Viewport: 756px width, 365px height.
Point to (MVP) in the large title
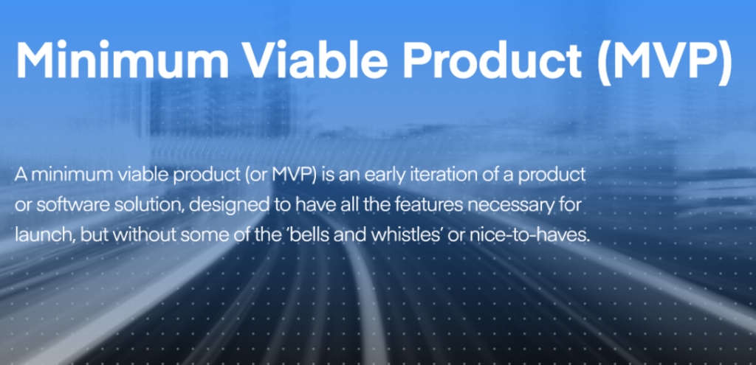667,60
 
